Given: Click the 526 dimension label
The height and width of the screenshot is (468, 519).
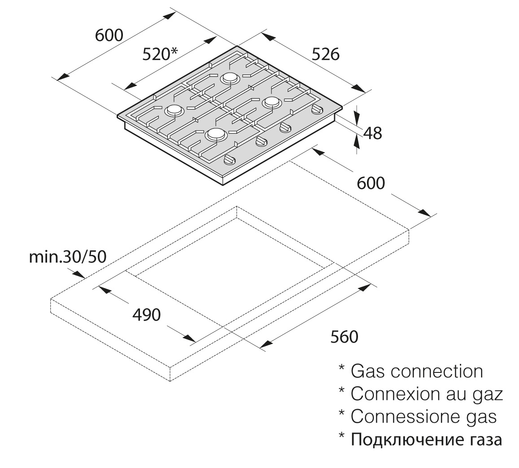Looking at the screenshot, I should click(x=326, y=55).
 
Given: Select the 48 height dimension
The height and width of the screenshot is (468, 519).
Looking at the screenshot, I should click(x=372, y=133).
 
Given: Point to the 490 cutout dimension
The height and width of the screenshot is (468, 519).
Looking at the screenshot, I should click(x=146, y=315).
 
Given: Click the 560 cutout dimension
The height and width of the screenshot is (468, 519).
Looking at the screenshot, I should click(x=344, y=337).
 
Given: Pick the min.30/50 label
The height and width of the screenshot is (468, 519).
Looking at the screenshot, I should click(x=68, y=257).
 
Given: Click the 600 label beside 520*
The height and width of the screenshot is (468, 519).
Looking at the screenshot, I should click(x=109, y=35).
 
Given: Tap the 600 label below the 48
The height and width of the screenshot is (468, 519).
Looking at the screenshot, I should click(x=371, y=183).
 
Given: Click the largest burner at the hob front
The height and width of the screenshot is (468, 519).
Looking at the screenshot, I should click(x=216, y=134).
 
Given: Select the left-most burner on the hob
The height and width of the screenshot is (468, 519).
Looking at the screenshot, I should click(x=174, y=110).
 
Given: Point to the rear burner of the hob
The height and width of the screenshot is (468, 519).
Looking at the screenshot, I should click(x=229, y=78).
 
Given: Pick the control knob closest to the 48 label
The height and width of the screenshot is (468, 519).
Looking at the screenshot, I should click(x=318, y=109).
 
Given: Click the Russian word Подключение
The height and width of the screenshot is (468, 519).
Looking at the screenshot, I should click(x=403, y=439).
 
